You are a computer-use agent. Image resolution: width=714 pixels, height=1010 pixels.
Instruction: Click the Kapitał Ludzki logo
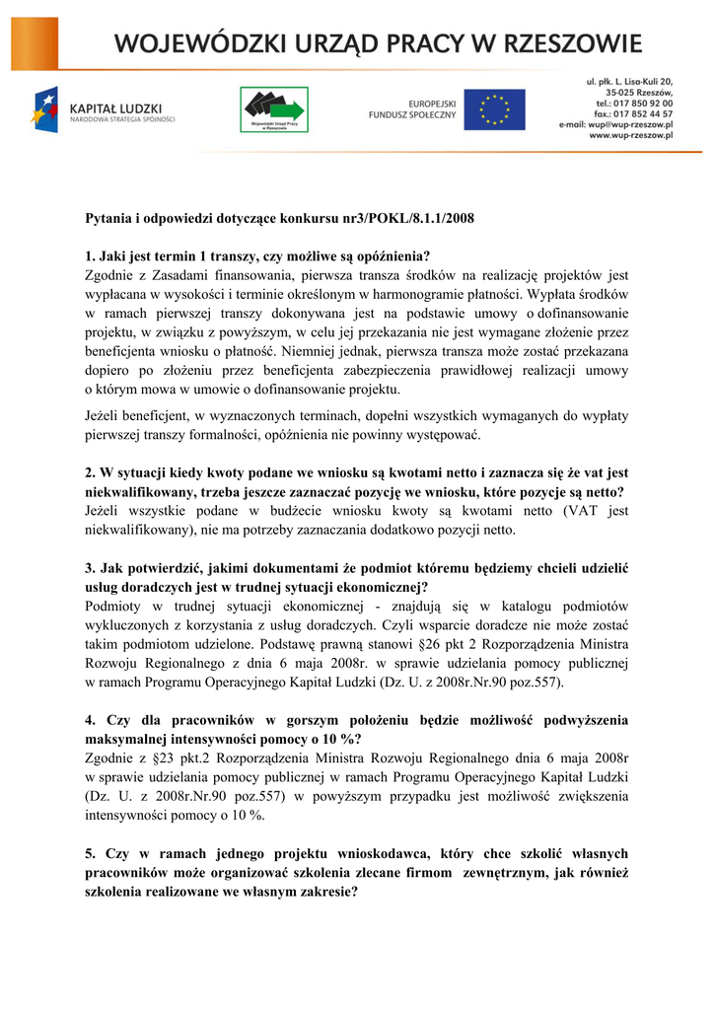click(x=103, y=108)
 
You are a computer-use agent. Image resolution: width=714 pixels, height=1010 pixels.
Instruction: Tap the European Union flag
click(x=494, y=108)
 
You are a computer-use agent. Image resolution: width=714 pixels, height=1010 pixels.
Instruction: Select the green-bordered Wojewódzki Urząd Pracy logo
click(x=274, y=108)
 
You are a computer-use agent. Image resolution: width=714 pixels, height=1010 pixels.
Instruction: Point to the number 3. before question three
click(x=91, y=567)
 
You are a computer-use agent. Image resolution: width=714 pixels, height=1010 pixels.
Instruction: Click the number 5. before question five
click(x=91, y=853)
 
